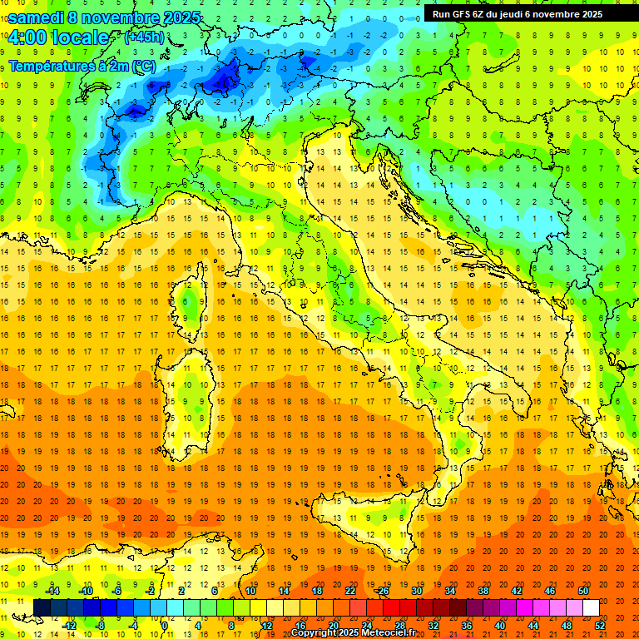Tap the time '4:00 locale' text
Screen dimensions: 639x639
click(x=58, y=37)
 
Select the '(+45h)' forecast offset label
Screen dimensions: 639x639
click(x=144, y=37)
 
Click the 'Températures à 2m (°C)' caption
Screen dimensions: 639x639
click(x=81, y=65)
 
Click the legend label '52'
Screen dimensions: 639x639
click(x=600, y=626)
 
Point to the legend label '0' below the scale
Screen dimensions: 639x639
click(x=165, y=626)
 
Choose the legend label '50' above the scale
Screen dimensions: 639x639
click(x=582, y=591)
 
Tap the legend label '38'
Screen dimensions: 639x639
click(x=483, y=591)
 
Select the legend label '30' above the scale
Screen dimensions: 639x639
click(x=416, y=591)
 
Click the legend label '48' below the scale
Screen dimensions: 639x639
click(x=567, y=626)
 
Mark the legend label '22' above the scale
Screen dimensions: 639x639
click(x=349, y=591)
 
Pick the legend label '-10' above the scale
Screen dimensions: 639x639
click(x=85, y=591)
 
